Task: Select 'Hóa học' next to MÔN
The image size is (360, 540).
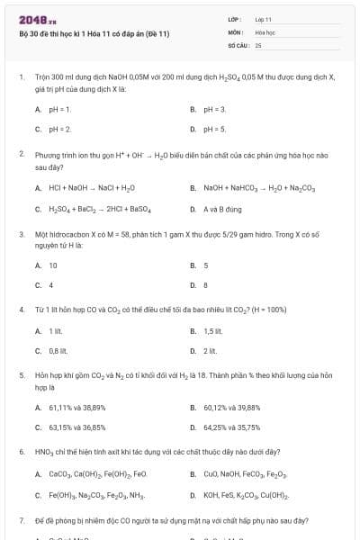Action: coord(265,31)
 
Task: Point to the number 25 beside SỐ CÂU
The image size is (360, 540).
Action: coord(258,43)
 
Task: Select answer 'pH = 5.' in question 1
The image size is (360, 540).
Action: coord(214,129)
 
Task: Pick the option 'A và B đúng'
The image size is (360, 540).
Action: coord(222,209)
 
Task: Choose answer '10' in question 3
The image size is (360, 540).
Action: coord(53,265)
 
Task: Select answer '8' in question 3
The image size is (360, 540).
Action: coord(206,285)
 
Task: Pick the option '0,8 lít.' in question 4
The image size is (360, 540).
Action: coord(58,351)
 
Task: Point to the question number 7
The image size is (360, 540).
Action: coord(21,520)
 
